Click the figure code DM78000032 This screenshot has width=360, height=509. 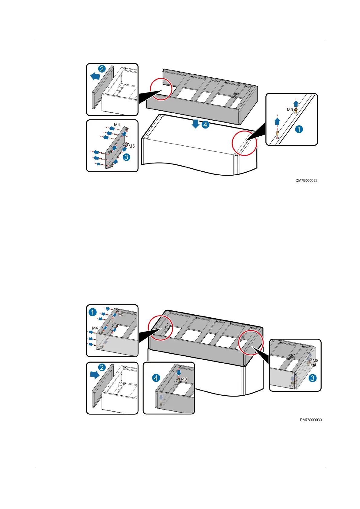coord(306,181)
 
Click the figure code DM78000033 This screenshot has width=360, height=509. coord(311,420)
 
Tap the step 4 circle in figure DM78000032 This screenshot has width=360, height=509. coord(206,124)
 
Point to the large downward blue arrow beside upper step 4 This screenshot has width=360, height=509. coord(196,124)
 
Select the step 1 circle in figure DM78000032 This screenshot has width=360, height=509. coord(299,129)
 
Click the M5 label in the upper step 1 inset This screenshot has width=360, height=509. coord(290,110)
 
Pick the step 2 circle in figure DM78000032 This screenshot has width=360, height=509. coord(102,69)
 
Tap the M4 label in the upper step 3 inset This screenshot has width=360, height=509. coord(117,125)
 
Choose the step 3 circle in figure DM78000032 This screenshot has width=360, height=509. coord(126,157)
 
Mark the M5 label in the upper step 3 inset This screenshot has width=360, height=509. coord(131,146)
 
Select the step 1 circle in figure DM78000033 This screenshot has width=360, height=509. coord(93,312)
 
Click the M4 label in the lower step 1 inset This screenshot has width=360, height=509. coord(95,328)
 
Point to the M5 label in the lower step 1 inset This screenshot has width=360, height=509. coord(121,314)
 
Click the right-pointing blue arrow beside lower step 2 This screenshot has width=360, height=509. coord(94,375)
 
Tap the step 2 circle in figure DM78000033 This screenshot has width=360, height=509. coord(102,368)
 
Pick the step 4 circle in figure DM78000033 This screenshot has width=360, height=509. coord(156,378)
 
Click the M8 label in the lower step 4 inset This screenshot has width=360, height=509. coord(184,379)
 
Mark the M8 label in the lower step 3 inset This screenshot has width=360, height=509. coord(315,361)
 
